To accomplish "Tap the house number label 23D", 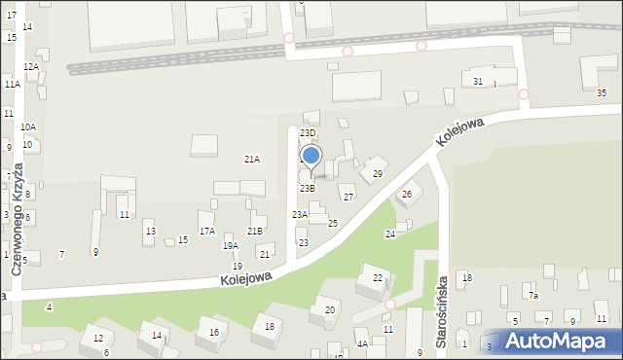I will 308,132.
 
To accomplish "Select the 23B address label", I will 307,188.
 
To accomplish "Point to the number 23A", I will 300,214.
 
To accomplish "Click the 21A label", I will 252,159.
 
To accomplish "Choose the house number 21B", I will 255,231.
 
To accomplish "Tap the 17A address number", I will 207,231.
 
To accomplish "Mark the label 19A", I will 231,246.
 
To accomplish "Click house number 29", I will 378,173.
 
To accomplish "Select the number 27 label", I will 348,197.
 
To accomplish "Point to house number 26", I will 407,195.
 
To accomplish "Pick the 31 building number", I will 478,81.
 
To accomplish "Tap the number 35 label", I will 602,92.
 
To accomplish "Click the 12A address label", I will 31,66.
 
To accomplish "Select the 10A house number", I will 28,126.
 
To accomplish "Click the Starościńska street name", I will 442,312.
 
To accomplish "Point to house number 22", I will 378,277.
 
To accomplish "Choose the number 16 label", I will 213,333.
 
